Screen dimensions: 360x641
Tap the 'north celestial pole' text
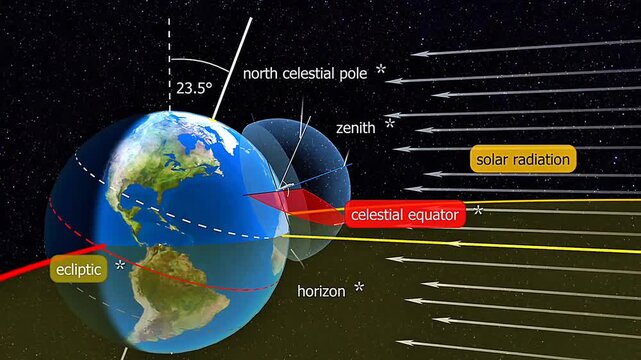[x=305, y=73]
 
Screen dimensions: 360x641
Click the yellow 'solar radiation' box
[x=522, y=159]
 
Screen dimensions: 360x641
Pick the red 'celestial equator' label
[x=405, y=213]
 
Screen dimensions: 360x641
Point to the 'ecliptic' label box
[x=79, y=269]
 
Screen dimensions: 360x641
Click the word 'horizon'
[x=321, y=291]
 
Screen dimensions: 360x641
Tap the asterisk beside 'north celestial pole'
[x=380, y=71]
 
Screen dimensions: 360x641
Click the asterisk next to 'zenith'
[x=390, y=124]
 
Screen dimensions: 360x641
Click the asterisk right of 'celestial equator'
[x=478, y=211]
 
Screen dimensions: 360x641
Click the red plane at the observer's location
[x=300, y=204]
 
